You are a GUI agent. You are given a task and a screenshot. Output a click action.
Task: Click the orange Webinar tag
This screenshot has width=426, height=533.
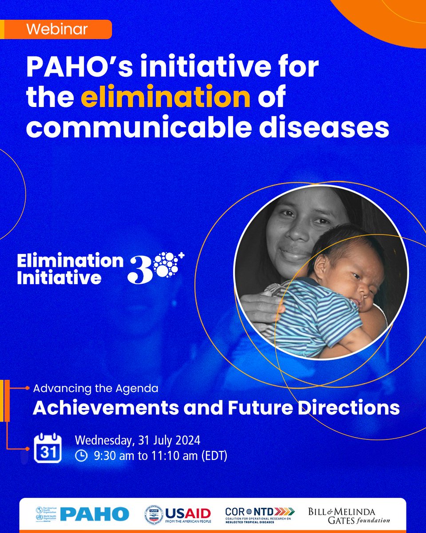(56, 30)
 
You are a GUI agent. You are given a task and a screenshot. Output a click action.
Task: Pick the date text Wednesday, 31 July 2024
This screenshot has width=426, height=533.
(138, 441)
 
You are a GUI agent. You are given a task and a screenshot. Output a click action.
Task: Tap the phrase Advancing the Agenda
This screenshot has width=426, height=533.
(95, 388)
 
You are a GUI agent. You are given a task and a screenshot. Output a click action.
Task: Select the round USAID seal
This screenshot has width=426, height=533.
(154, 514)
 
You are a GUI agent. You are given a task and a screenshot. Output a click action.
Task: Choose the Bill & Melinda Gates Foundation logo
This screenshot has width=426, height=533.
(349, 514)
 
